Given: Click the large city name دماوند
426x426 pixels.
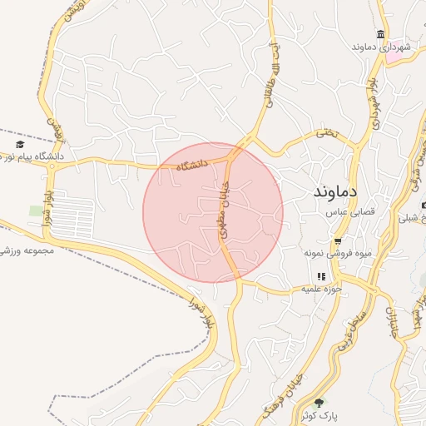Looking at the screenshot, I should (x=335, y=191).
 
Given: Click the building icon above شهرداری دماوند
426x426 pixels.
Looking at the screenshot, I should (x=380, y=34).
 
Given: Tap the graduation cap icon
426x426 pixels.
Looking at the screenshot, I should (x=19, y=145).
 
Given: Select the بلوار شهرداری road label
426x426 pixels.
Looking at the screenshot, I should (x=377, y=106).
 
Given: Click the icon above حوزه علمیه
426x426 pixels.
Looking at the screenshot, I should (x=320, y=276).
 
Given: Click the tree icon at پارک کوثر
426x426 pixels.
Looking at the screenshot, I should (x=319, y=404).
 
